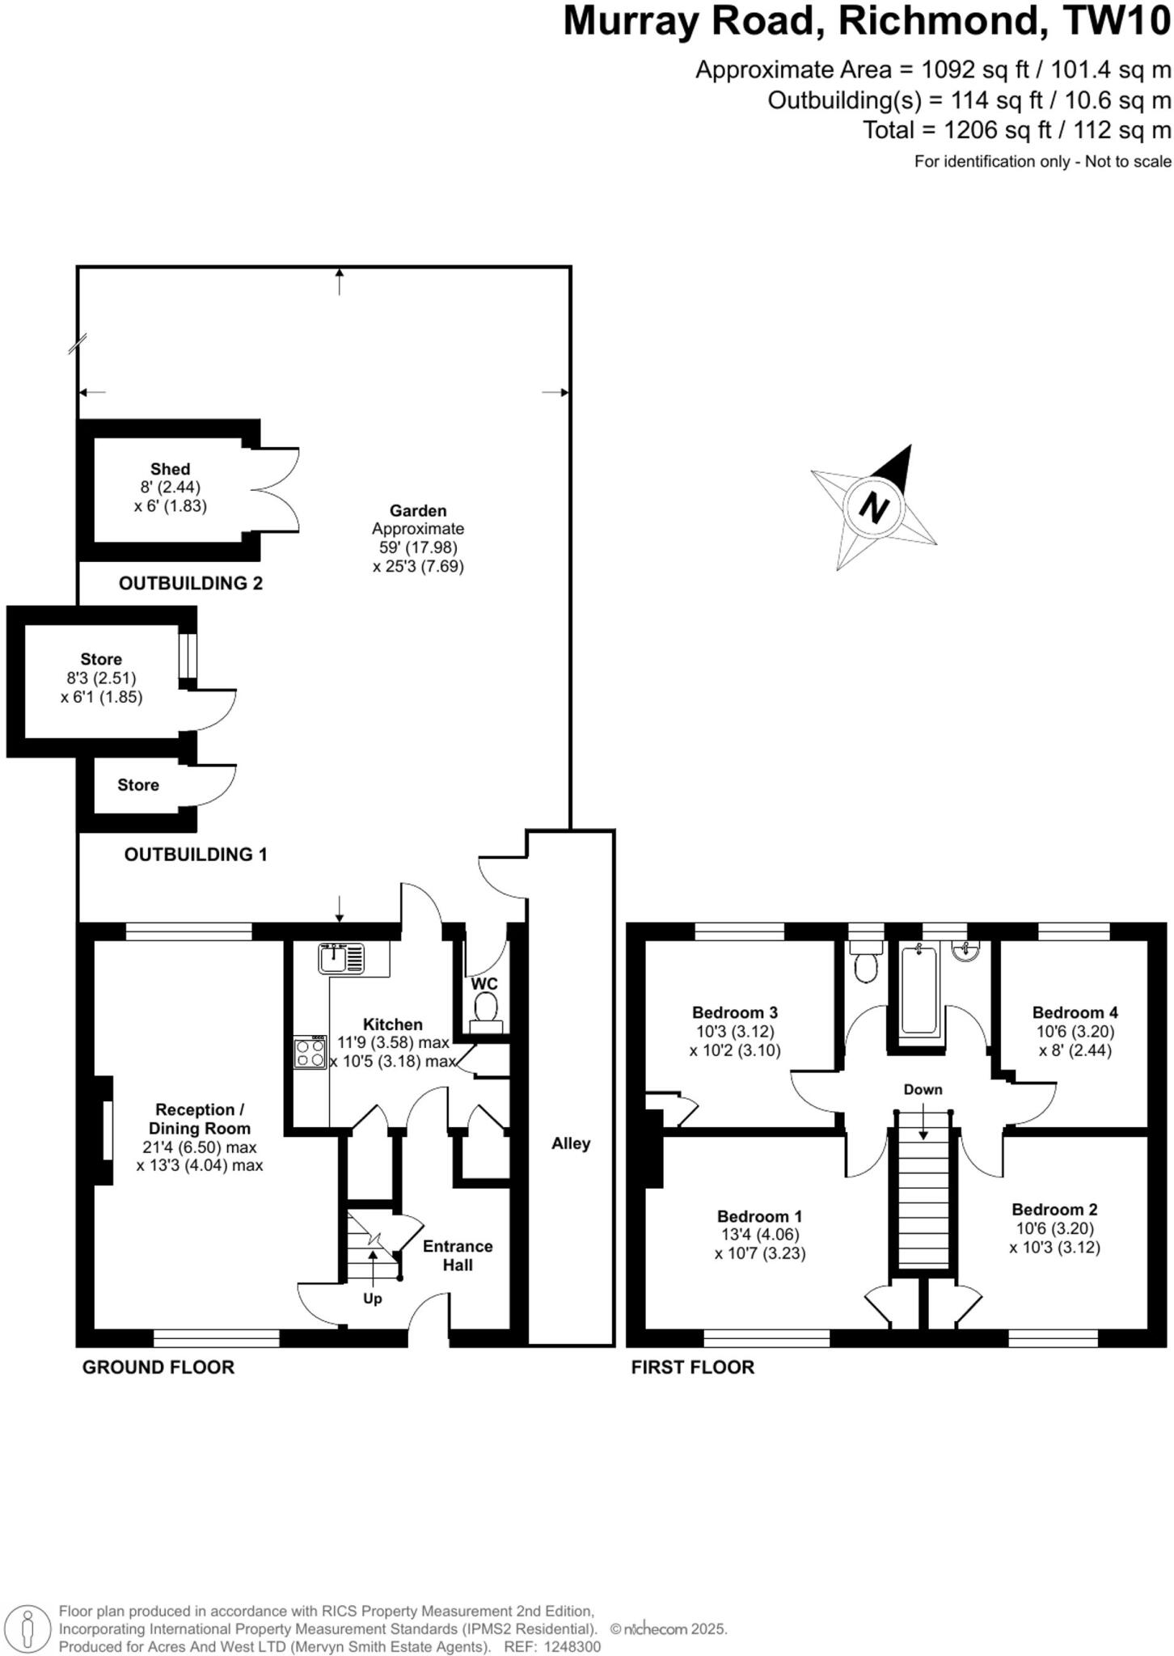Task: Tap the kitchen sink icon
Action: click(x=340, y=958)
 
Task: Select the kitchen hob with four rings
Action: click(x=310, y=1053)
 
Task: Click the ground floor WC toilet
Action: click(x=485, y=1010)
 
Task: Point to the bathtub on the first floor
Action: click(x=919, y=991)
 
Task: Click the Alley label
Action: click(x=571, y=1143)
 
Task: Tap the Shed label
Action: click(x=170, y=469)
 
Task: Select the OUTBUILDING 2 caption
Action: click(x=191, y=583)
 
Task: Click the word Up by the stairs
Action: click(x=372, y=1299)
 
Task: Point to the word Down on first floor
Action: click(x=923, y=1089)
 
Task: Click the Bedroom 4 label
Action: click(x=1075, y=1012)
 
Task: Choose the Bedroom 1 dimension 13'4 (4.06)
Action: click(x=760, y=1235)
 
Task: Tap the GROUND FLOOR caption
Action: click(x=158, y=1367)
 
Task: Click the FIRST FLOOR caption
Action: click(x=692, y=1367)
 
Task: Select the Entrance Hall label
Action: click(x=458, y=1255)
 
